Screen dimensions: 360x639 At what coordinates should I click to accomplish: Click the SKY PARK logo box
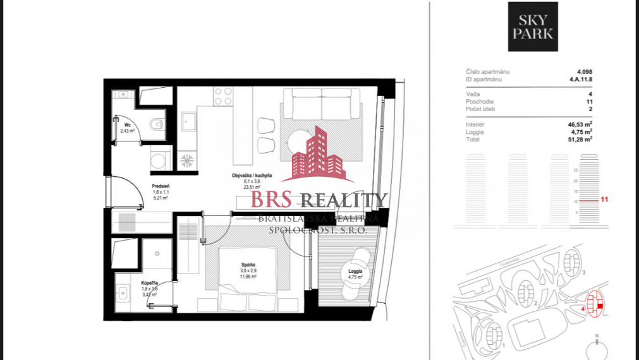(532, 27)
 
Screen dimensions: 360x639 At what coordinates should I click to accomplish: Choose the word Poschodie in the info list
(480, 101)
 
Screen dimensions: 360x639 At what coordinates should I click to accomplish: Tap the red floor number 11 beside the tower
(604, 200)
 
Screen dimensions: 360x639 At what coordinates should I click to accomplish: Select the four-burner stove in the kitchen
(222, 96)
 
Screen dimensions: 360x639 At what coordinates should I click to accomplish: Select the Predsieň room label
(161, 186)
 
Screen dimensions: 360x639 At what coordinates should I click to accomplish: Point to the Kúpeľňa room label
(149, 284)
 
